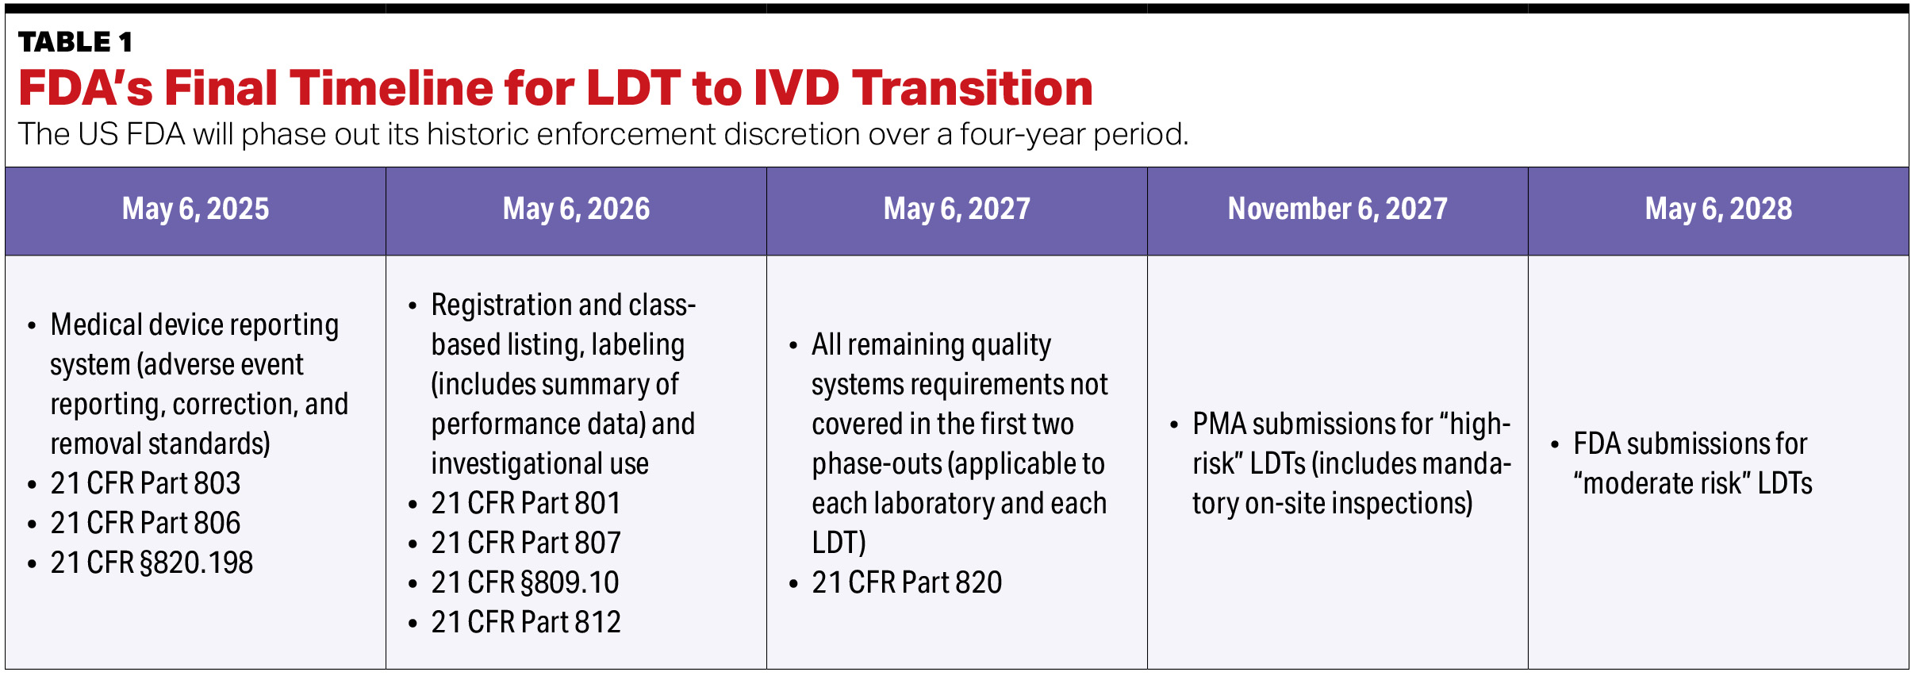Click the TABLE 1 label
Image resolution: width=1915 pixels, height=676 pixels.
point(75,42)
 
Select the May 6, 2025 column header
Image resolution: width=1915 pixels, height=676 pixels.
point(195,209)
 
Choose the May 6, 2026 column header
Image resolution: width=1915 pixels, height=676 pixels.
point(576,209)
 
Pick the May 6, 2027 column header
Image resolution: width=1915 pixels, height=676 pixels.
point(957,209)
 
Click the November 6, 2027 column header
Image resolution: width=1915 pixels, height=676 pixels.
point(1337,209)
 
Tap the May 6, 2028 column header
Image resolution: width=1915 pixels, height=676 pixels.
point(1718,209)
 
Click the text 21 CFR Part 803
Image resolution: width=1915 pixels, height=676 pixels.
point(145,483)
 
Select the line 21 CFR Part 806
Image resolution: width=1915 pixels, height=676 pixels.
point(145,523)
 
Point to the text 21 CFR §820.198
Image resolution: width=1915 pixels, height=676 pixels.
point(152,563)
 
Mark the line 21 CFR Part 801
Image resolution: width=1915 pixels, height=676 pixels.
point(526,503)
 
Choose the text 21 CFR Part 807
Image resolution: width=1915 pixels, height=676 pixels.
point(526,543)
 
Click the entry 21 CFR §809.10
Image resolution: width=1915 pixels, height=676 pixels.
point(525,582)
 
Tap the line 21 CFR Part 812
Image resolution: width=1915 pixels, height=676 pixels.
point(526,622)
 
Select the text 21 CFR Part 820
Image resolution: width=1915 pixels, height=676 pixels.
point(907,582)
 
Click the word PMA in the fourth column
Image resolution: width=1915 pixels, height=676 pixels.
point(1219,424)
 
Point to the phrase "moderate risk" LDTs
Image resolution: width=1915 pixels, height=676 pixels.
point(1693,483)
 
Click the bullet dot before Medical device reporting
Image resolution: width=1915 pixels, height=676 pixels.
point(32,326)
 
